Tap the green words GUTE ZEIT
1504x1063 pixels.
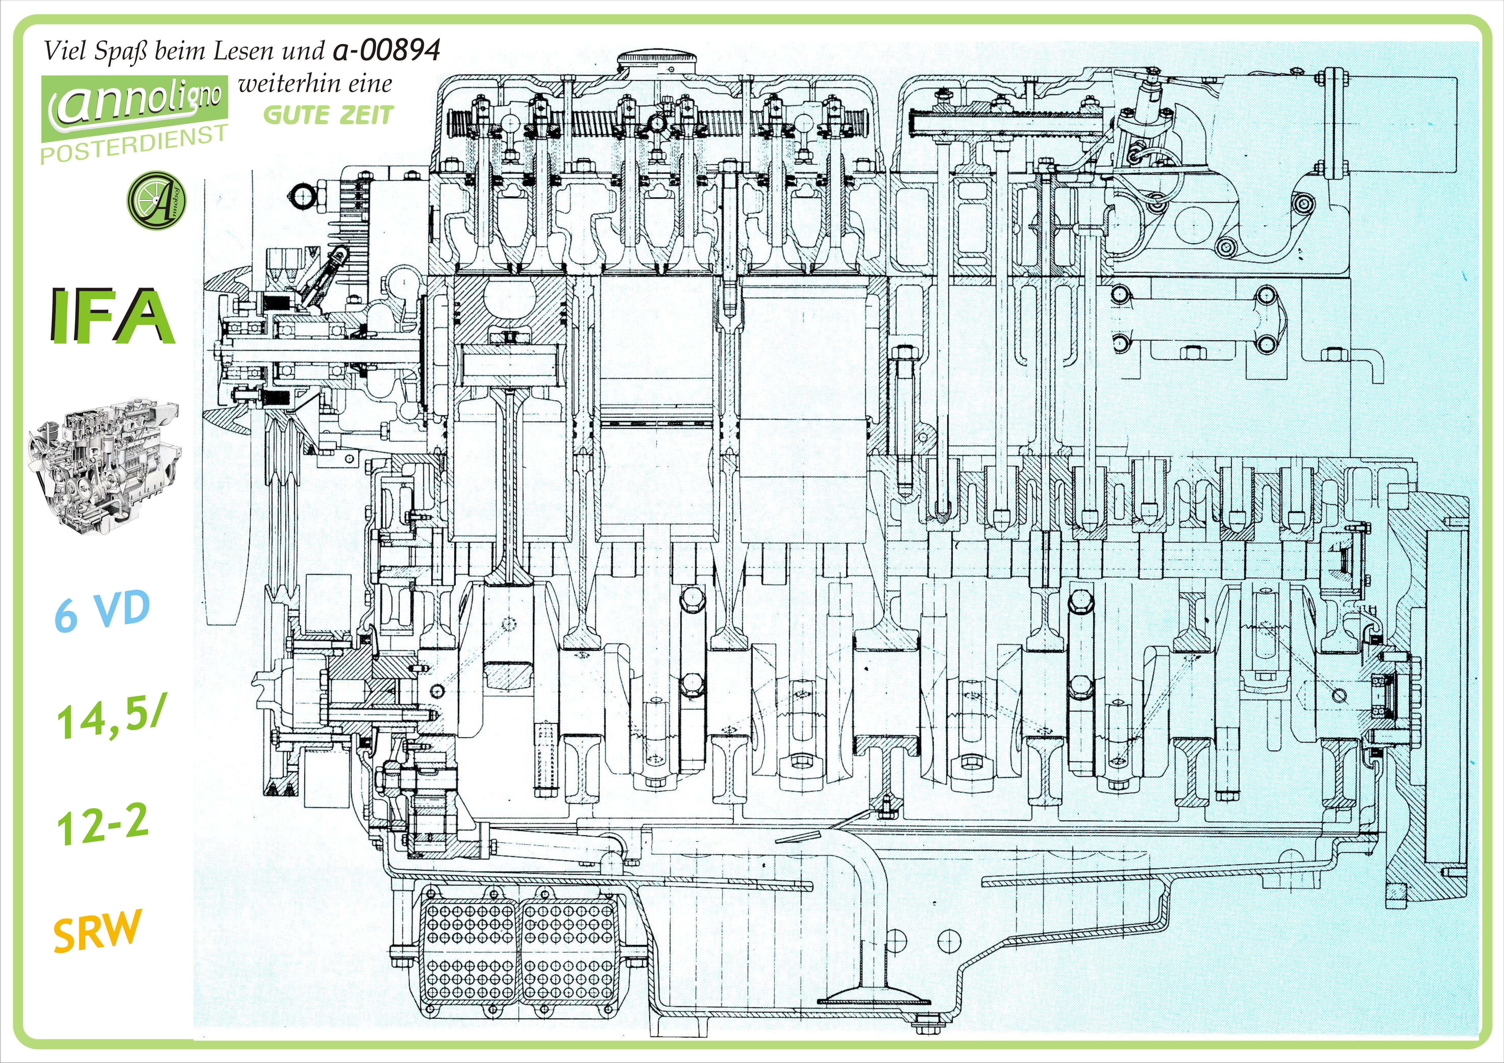pyautogui.click(x=328, y=115)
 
